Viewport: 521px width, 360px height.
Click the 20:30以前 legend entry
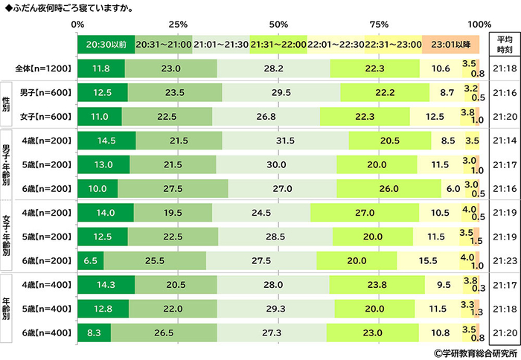(106, 45)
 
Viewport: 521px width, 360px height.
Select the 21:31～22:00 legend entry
(278, 45)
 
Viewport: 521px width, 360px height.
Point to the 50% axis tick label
(278, 25)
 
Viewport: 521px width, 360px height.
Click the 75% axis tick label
(379, 25)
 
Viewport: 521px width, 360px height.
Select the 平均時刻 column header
(503, 44)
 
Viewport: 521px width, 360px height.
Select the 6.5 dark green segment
(90, 260)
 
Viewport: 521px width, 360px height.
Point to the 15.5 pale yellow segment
(428, 260)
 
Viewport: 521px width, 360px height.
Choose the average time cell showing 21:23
(503, 260)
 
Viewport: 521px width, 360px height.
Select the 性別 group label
(7, 105)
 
